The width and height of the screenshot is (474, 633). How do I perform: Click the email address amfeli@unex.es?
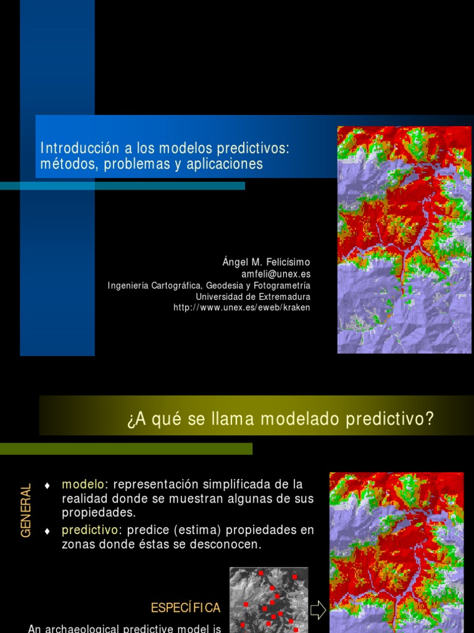point(275,274)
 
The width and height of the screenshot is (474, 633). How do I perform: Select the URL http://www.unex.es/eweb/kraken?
point(242,307)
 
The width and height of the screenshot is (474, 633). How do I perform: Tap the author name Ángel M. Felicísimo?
point(266,262)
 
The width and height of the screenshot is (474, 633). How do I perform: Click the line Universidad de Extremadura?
point(253,296)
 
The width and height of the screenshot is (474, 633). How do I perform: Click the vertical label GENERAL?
point(26,511)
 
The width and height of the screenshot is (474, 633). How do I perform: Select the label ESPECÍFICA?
point(186,608)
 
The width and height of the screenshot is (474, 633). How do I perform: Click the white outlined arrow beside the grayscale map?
point(318,610)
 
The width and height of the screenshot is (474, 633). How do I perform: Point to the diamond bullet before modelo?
point(47,485)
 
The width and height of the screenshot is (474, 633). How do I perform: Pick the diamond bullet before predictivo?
point(47,532)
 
